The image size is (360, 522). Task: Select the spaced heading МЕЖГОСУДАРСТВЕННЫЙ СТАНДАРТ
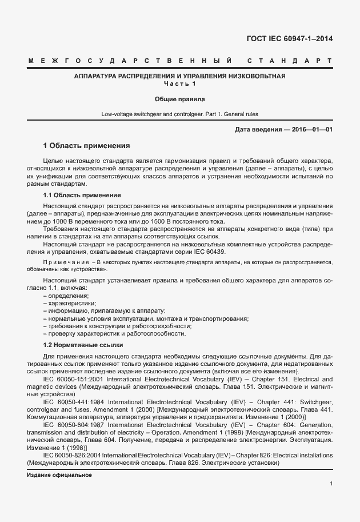180,60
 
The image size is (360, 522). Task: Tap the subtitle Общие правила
180,99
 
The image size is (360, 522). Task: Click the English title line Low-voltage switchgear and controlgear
180,114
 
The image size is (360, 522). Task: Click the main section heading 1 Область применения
87,146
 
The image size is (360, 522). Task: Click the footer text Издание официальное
59,475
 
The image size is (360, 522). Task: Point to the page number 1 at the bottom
331,484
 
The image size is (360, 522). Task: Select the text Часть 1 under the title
180,84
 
